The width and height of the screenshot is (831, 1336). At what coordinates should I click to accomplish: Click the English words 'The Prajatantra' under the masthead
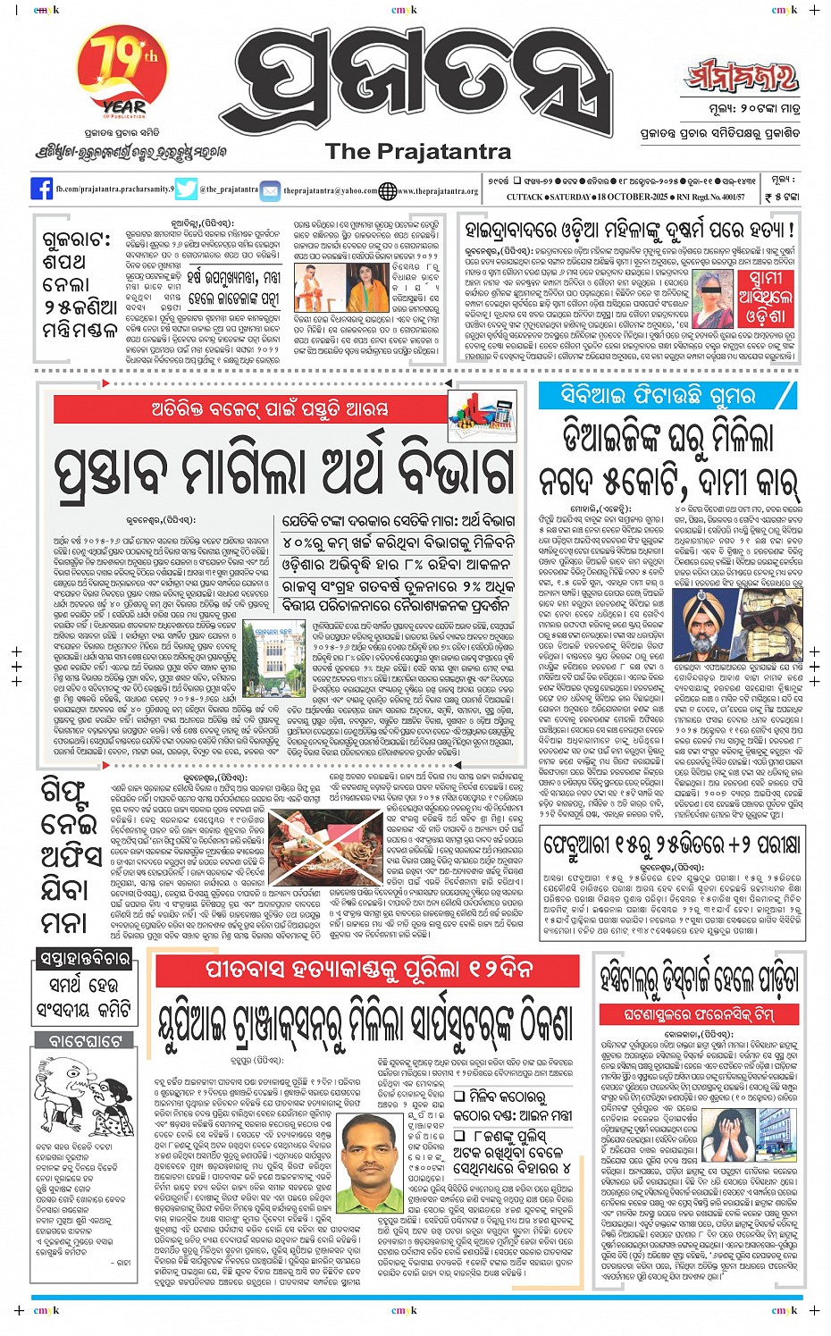[418, 151]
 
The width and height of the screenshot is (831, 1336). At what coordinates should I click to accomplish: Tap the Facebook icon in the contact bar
[41, 189]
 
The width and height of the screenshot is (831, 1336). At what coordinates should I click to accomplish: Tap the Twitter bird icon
[186, 189]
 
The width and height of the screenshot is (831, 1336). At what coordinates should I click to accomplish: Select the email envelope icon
[271, 189]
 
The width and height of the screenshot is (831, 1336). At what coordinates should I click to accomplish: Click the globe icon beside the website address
[387, 189]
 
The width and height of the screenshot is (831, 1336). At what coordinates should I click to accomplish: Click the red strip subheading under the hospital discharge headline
[699, 1014]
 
